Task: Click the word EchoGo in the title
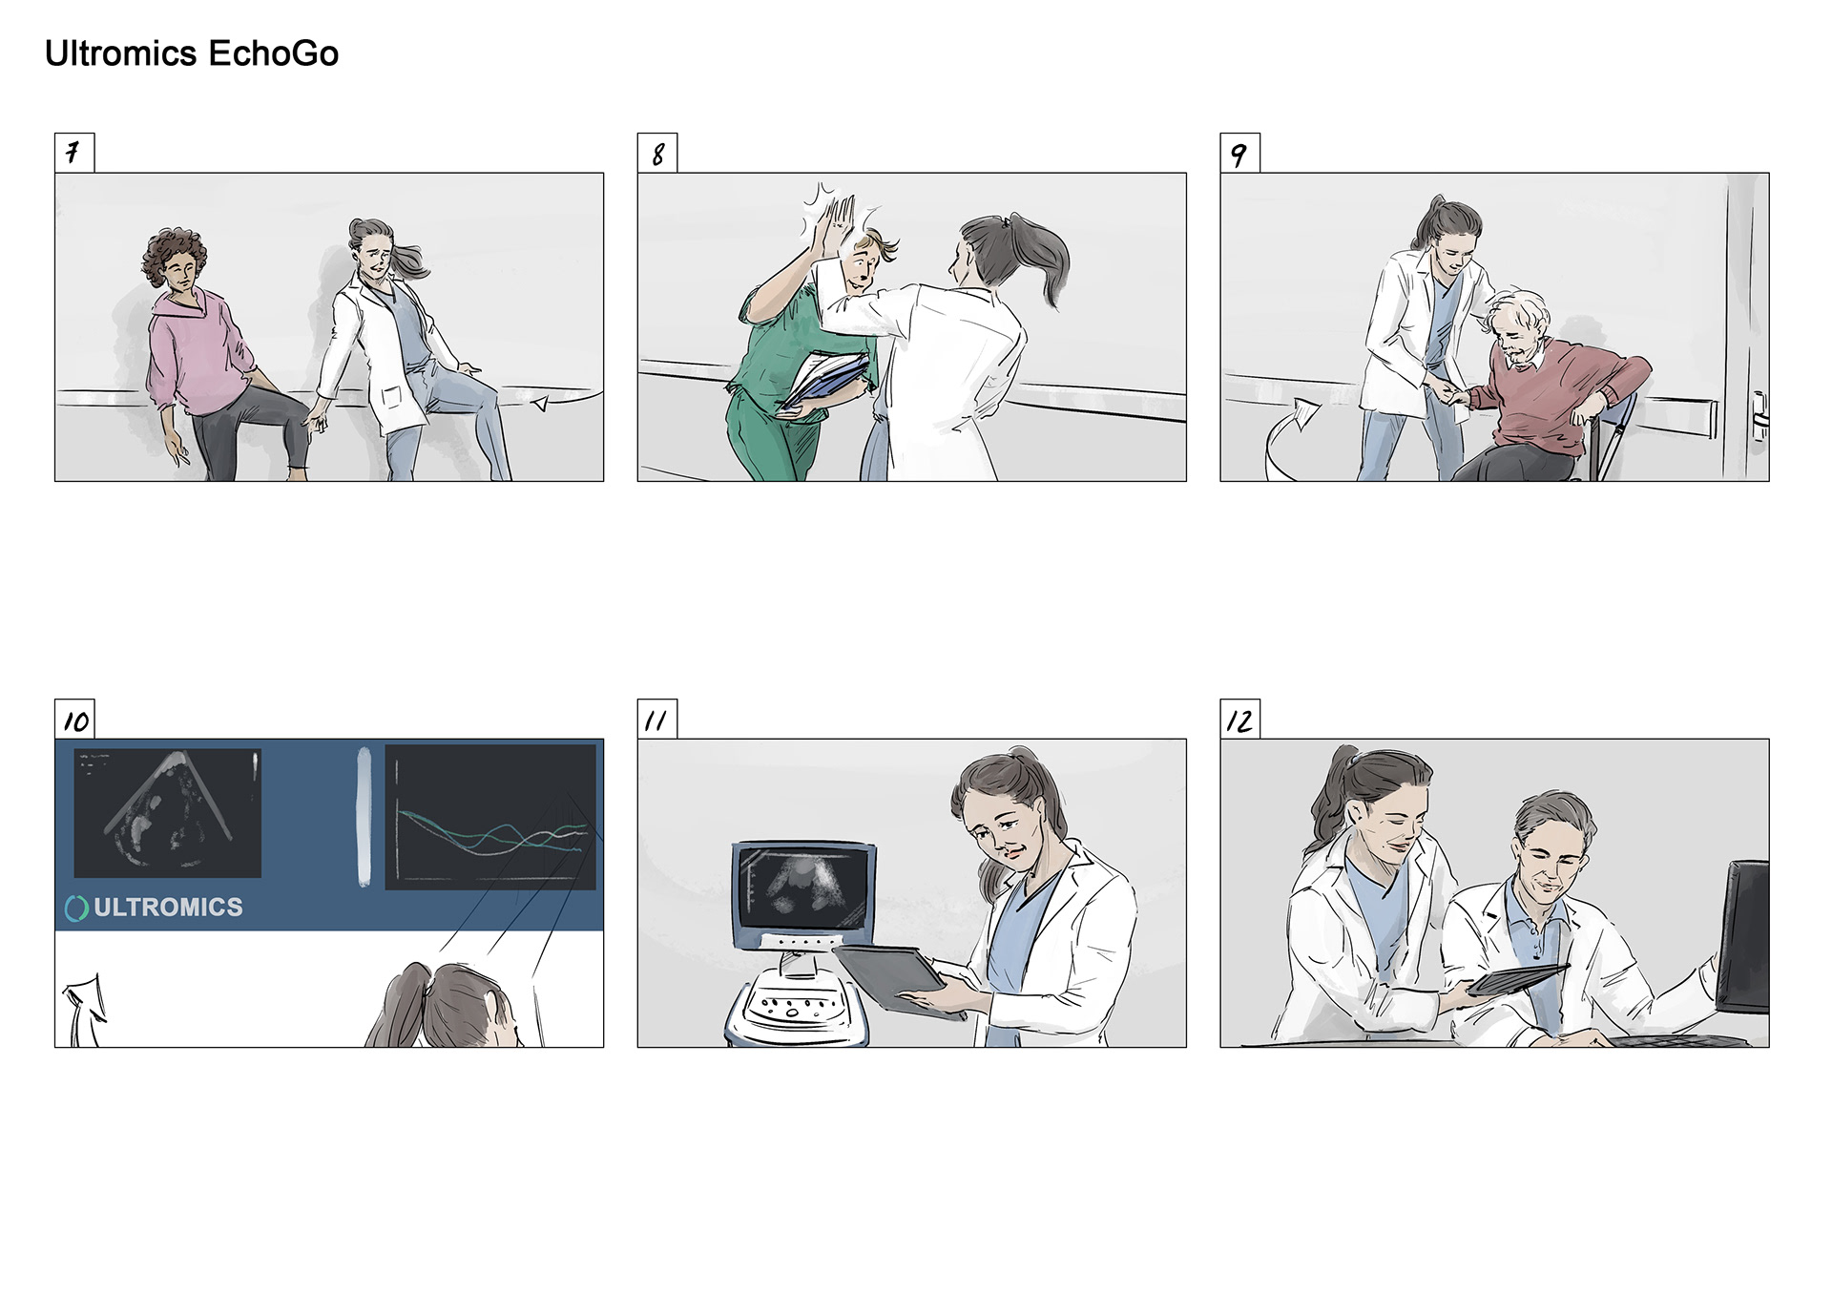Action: [273, 53]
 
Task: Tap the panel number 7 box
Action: [74, 153]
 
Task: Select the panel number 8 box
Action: [657, 153]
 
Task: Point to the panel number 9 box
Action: [1239, 153]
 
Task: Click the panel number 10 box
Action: [74, 719]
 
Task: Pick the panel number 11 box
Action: [657, 719]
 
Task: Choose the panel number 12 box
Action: [1239, 719]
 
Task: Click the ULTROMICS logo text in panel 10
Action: [168, 907]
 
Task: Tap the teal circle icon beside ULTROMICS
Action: [76, 909]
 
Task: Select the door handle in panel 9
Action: [1759, 416]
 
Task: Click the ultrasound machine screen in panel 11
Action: [803, 886]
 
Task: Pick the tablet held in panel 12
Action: [1516, 978]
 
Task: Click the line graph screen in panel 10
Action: [490, 817]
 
